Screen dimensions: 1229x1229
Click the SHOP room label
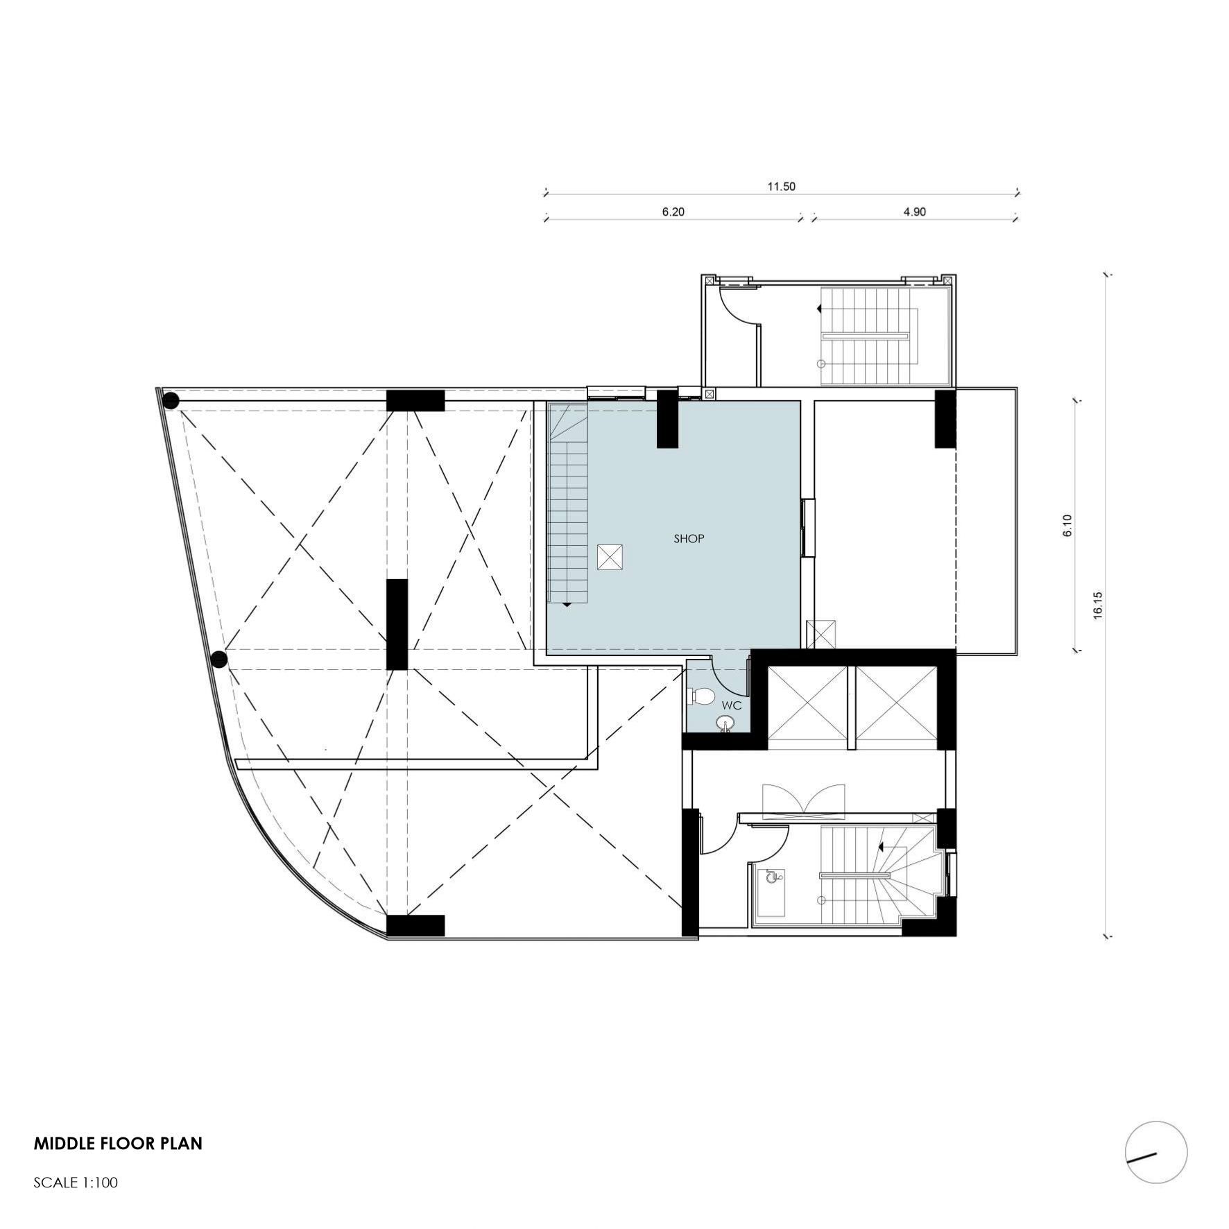689,538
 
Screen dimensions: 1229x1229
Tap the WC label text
732,705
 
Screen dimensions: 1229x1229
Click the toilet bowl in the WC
701,696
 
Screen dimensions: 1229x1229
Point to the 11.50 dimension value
781,186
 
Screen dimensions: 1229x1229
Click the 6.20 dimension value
673,212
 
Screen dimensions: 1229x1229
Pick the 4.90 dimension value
914,212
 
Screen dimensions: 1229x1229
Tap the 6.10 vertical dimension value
1067,525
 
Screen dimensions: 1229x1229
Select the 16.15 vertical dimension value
1097,605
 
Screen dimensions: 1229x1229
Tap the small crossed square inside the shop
610,557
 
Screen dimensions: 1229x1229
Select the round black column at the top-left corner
171,401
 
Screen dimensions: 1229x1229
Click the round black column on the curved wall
219,659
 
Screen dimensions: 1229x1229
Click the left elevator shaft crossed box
808,707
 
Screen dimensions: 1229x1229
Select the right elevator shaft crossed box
896,707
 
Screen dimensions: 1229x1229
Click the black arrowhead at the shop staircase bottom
567,605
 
